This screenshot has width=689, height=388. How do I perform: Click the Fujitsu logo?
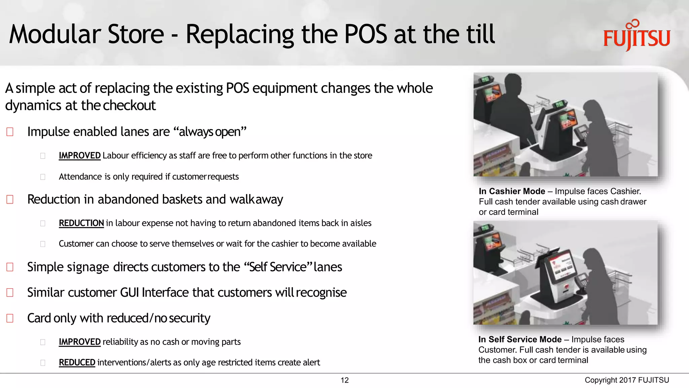tap(637, 36)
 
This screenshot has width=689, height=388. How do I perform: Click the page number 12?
tap(344, 380)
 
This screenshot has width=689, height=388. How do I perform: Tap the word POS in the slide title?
tap(366, 34)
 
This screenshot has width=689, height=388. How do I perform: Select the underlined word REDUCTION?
tap(81, 223)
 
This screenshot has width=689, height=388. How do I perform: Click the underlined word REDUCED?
tap(77, 362)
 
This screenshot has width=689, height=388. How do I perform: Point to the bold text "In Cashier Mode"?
tap(512, 191)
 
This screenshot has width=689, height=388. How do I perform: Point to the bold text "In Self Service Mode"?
tap(520, 339)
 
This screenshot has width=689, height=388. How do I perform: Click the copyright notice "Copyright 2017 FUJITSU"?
tap(627, 380)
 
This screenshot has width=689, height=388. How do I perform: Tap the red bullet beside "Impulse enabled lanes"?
tap(10, 132)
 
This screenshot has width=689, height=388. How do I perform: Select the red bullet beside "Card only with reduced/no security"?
tap(10, 318)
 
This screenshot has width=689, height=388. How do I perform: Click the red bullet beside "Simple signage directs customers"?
tap(10, 267)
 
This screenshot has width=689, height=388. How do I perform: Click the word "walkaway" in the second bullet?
tap(256, 199)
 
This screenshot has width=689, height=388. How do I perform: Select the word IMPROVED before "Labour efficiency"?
tap(79, 156)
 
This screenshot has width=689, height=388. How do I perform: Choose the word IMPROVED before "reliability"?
tap(79, 342)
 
